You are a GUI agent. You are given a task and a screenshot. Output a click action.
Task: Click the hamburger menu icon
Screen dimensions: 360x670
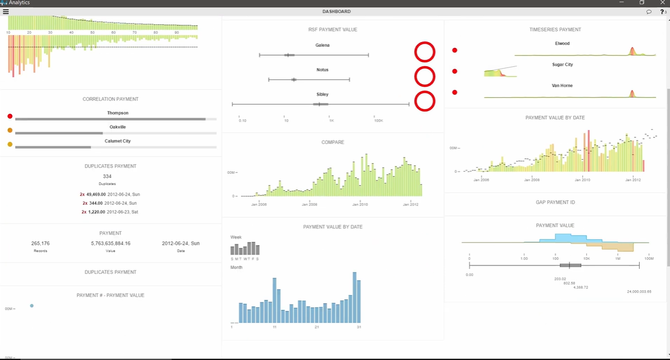(6, 11)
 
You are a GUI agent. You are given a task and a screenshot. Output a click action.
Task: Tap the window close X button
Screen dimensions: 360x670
(662, 3)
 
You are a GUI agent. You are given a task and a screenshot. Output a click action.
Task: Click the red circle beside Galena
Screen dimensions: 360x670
(425, 52)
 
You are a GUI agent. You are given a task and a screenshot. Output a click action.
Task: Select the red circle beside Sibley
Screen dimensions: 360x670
(425, 101)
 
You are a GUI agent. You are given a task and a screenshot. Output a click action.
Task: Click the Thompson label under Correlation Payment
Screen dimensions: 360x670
(118, 113)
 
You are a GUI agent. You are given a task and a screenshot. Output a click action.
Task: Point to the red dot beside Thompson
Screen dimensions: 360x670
(10, 116)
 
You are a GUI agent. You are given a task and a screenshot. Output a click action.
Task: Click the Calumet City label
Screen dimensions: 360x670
(118, 141)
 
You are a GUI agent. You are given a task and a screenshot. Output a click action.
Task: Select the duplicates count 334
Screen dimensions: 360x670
(107, 177)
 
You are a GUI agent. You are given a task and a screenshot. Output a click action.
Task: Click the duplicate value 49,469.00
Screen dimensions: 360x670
(96, 194)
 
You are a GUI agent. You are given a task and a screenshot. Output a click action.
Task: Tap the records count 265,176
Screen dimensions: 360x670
(41, 244)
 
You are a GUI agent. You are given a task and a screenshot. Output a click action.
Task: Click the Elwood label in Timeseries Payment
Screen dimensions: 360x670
(562, 43)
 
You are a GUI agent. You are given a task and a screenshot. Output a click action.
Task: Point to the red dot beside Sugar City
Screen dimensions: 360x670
(455, 71)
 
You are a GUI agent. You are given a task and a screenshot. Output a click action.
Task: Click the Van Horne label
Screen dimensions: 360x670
(562, 85)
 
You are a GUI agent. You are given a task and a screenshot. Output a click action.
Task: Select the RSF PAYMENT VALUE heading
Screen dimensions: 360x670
(332, 29)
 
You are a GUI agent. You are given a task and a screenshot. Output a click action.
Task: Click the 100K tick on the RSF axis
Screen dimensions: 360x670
(378, 120)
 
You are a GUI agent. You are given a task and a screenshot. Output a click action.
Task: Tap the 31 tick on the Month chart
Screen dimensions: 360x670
(359, 327)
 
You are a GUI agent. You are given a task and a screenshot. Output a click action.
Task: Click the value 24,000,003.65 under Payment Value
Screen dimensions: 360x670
(639, 291)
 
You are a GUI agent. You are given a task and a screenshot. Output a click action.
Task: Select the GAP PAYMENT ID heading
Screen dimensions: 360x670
(555, 202)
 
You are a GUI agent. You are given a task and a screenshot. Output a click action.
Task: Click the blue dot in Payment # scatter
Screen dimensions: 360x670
(32, 305)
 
